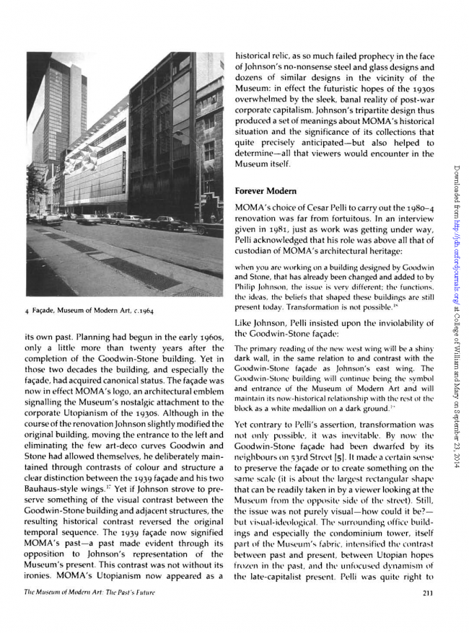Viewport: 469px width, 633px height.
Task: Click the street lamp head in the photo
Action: tap(177, 133)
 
